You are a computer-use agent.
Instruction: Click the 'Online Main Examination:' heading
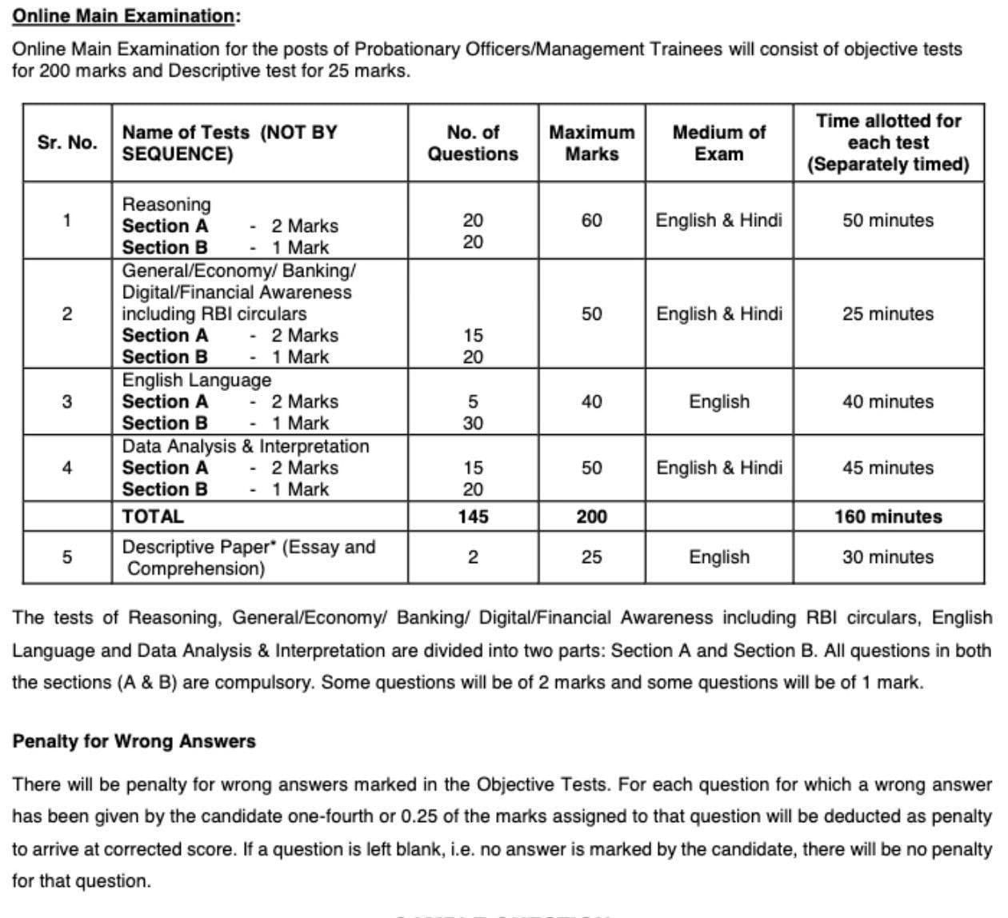click(126, 16)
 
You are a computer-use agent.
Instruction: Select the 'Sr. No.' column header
click(67, 142)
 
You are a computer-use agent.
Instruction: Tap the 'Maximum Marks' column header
click(591, 142)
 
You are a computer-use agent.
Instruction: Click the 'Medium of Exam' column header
click(718, 142)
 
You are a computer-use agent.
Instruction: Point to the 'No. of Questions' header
click(473, 142)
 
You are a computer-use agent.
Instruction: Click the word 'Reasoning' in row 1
click(166, 205)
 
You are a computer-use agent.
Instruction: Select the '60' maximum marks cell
click(591, 220)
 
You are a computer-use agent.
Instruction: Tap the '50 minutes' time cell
click(887, 220)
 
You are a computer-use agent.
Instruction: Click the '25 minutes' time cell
click(887, 313)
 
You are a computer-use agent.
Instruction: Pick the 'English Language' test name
click(196, 380)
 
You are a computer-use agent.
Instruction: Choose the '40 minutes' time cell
click(887, 401)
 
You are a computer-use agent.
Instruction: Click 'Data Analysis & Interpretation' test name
click(246, 446)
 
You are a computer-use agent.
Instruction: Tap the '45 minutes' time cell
click(887, 468)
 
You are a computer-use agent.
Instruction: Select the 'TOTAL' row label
click(153, 517)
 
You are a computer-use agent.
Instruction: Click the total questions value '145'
click(473, 517)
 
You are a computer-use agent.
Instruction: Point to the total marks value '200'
click(591, 517)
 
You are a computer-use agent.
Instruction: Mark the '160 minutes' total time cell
click(887, 517)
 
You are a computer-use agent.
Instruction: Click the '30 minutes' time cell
click(887, 557)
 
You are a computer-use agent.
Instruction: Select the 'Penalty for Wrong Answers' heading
click(134, 741)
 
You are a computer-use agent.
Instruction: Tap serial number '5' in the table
click(67, 557)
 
